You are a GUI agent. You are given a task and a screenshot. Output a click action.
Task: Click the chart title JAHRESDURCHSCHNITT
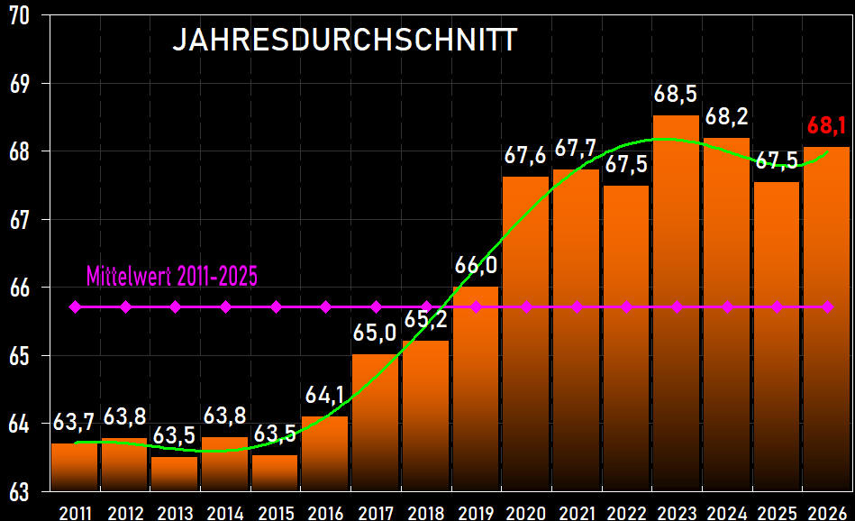click(345, 41)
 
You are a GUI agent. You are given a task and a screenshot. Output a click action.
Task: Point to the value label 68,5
click(676, 94)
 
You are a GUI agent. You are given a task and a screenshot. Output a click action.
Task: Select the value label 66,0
click(475, 266)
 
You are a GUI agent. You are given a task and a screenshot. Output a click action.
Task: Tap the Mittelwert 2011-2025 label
click(172, 276)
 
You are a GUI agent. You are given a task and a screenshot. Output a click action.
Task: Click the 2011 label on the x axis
click(75, 513)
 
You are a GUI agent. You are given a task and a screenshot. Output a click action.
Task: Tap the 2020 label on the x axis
click(526, 513)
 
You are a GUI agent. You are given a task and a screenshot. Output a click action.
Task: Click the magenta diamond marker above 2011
click(75, 307)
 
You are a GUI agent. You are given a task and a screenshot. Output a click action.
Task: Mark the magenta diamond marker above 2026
click(828, 307)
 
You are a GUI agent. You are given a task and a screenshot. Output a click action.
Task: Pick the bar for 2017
click(375, 424)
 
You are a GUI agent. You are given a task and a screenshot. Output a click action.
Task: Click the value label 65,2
click(426, 320)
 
